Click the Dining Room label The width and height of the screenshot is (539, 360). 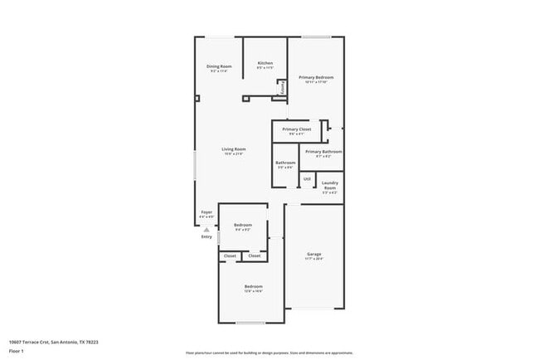[x=219, y=66]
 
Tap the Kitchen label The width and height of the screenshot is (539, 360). [x=265, y=64]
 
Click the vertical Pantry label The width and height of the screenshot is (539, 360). [x=283, y=86]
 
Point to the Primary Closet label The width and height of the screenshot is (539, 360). [x=296, y=130]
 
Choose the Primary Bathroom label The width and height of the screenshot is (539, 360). [x=323, y=152]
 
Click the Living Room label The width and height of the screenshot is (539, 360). [x=234, y=149]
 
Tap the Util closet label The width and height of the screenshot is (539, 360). [x=306, y=178]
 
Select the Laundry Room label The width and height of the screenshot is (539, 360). [x=329, y=184]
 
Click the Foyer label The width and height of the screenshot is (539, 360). [x=206, y=212]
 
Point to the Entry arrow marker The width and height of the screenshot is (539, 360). [x=206, y=230]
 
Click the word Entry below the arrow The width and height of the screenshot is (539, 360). [x=206, y=237]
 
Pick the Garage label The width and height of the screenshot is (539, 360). [x=314, y=255]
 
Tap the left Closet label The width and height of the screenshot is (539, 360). [x=230, y=255]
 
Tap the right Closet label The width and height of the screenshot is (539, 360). [x=255, y=255]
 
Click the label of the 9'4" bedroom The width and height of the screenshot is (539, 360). [x=242, y=226]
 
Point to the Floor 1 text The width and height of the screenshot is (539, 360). [x=16, y=351]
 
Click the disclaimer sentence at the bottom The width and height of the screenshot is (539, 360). [x=269, y=353]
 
